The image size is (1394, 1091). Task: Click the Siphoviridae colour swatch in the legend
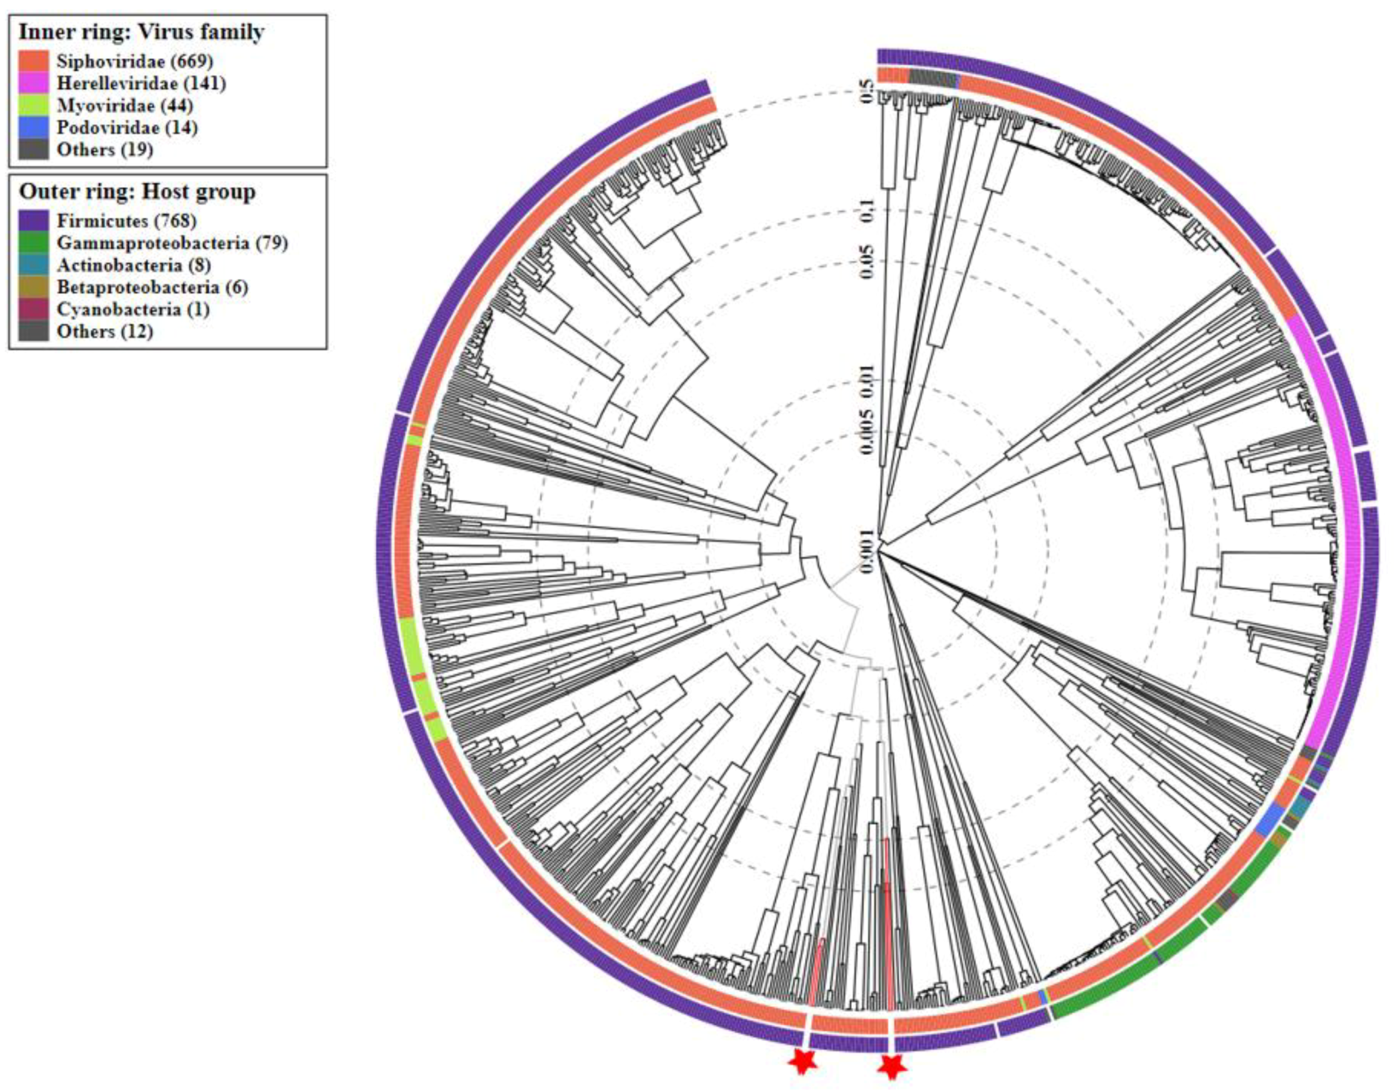click(x=34, y=61)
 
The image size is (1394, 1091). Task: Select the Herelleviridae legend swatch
click(x=34, y=83)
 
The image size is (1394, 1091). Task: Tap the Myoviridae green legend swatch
click(x=34, y=105)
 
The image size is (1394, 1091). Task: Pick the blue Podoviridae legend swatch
click(x=34, y=127)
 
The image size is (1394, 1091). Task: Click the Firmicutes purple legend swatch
click(x=34, y=221)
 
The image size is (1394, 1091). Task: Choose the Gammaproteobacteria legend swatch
click(x=34, y=243)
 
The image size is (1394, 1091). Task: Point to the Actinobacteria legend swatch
click(x=34, y=265)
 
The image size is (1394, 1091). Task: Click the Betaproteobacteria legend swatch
click(x=34, y=288)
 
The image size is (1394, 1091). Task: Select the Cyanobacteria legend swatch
click(x=34, y=310)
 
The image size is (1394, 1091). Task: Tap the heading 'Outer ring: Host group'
click(x=138, y=191)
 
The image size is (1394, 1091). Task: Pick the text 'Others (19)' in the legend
click(x=105, y=149)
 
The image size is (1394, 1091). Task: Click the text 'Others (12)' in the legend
click(x=105, y=332)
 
